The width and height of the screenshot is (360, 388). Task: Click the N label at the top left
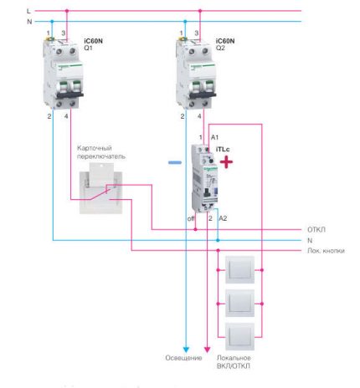coord(29,21)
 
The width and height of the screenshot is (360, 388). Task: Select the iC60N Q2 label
coord(226,43)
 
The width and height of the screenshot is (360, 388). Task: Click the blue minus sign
coord(174,164)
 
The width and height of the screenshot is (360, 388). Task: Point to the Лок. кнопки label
coord(322,250)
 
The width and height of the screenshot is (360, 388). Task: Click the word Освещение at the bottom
coord(182,358)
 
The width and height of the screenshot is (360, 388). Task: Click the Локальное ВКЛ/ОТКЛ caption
coord(234,362)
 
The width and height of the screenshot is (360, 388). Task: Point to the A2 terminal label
coord(222,217)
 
